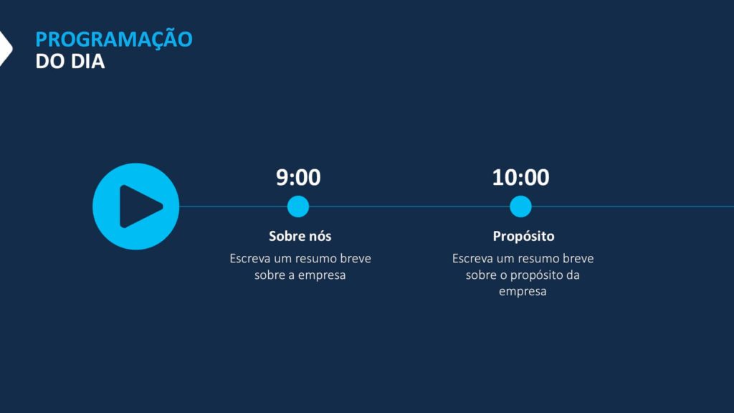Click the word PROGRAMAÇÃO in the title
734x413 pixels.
114,39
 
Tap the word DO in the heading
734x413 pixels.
50,62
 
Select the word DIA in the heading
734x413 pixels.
87,62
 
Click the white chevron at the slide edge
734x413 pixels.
6,48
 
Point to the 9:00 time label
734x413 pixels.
298,178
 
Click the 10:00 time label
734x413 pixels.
520,178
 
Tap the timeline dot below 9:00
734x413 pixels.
298,206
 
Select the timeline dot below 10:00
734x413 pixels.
520,206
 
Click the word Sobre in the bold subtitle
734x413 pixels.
286,236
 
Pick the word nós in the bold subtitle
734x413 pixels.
320,237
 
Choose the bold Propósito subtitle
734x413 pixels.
523,237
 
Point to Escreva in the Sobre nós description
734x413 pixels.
250,258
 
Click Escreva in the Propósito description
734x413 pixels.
473,258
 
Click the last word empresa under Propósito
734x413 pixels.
523,292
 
